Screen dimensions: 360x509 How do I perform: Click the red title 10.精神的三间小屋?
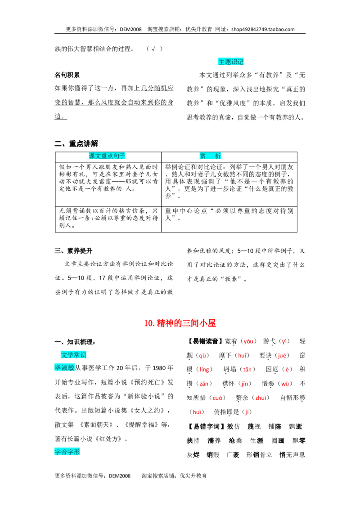[x=180, y=323]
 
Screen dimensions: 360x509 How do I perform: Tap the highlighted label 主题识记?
[x=231, y=62]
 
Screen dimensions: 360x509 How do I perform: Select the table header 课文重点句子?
[x=107, y=156]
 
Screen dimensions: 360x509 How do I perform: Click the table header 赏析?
[x=210, y=156]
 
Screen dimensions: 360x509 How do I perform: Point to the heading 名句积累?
[x=67, y=75]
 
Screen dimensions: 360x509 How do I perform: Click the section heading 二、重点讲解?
[x=76, y=143]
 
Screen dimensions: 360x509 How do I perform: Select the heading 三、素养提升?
[x=73, y=250]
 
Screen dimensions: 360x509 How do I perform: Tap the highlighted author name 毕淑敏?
[x=64, y=367]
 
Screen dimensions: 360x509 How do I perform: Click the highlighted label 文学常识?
[x=73, y=355]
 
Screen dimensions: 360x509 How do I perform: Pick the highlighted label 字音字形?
[x=67, y=451]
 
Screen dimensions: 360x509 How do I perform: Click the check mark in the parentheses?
[x=153, y=49]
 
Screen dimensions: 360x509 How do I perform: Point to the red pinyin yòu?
[x=248, y=341]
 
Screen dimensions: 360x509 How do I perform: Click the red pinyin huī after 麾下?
[x=242, y=356]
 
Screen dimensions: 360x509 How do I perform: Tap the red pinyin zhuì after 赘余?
[x=261, y=397]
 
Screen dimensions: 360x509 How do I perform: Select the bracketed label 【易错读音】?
[x=205, y=341]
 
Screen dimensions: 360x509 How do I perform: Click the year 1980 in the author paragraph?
[x=159, y=368]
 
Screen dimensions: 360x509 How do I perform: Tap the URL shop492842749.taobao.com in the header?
[x=263, y=29]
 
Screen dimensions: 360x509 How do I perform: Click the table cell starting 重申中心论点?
[x=229, y=214]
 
